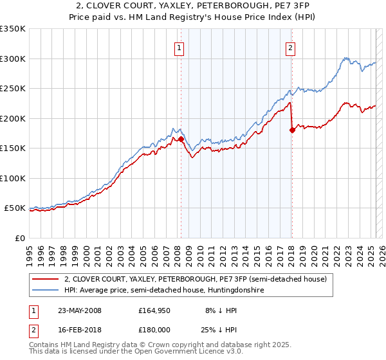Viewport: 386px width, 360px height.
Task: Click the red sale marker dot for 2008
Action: tap(181, 139)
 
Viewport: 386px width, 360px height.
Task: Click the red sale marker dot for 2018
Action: tap(292, 130)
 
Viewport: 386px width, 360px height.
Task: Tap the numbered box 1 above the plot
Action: tap(178, 47)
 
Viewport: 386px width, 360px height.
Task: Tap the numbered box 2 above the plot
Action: tap(291, 47)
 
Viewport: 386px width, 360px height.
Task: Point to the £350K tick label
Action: tap(13, 29)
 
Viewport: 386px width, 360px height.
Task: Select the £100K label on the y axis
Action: tap(13, 178)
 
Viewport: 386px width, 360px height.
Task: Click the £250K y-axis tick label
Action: tap(13, 89)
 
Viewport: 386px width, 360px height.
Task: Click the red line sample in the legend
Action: tap(45, 280)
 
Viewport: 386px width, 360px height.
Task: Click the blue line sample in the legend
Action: tap(45, 290)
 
